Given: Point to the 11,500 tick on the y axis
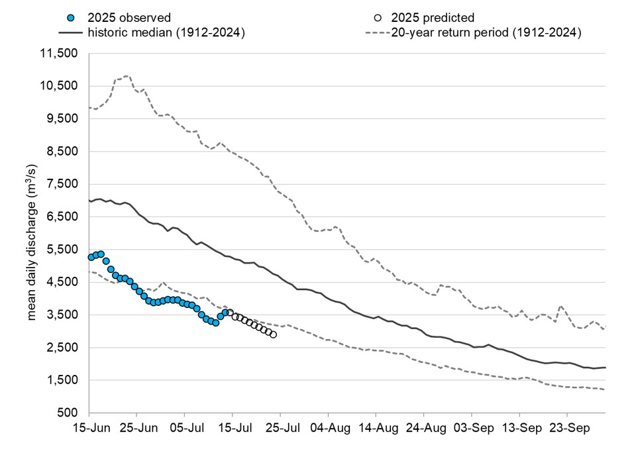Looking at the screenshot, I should click(x=60, y=54).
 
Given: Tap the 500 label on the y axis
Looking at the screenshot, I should click(x=69, y=413).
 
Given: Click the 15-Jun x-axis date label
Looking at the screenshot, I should click(x=89, y=429).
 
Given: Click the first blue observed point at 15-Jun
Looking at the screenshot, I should click(x=91, y=257).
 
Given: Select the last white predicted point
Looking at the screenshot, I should click(x=273, y=334).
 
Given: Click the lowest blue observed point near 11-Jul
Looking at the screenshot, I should click(x=215, y=323).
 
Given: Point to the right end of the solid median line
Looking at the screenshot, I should click(x=605, y=368).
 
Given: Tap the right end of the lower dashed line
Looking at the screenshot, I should click(x=605, y=389).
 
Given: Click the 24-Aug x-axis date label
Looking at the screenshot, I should click(x=423, y=429).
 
